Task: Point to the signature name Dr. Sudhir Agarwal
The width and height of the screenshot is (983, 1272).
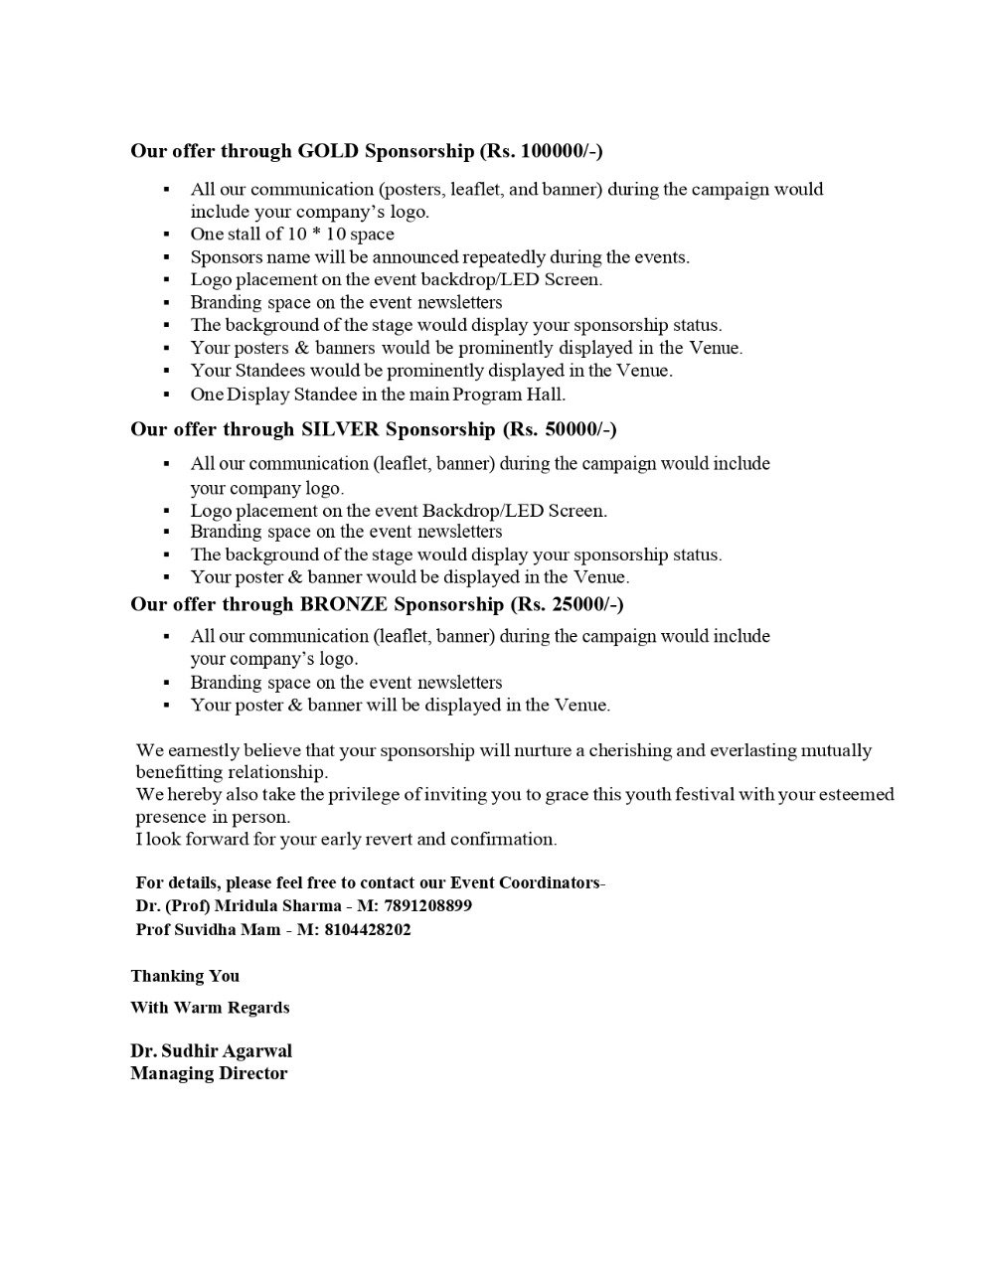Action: [x=211, y=1051]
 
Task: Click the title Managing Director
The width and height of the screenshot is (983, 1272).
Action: [x=209, y=1073]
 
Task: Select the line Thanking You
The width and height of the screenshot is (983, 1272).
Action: [x=185, y=976]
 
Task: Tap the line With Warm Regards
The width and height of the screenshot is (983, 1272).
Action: [x=210, y=1008]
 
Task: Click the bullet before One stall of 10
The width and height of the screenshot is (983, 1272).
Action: [x=167, y=235]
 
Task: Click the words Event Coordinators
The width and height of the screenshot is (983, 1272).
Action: [x=526, y=882]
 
